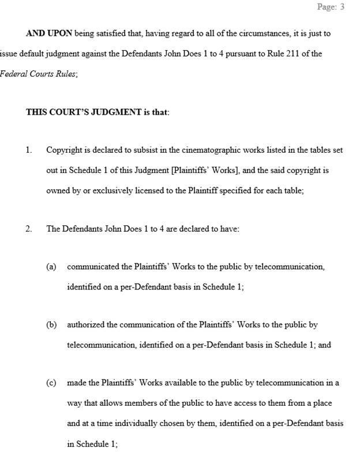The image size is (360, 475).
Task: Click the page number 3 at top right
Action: coord(342,7)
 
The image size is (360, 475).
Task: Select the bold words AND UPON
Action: coord(49,33)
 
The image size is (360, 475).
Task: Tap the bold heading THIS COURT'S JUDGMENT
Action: coord(84,112)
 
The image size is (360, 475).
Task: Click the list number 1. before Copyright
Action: coord(29,150)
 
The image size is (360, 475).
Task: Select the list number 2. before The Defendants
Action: coord(29,229)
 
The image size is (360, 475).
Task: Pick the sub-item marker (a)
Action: coord(51,267)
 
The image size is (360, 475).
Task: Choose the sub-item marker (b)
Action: coord(51,325)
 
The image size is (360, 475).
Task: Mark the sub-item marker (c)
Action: coord(51,383)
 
